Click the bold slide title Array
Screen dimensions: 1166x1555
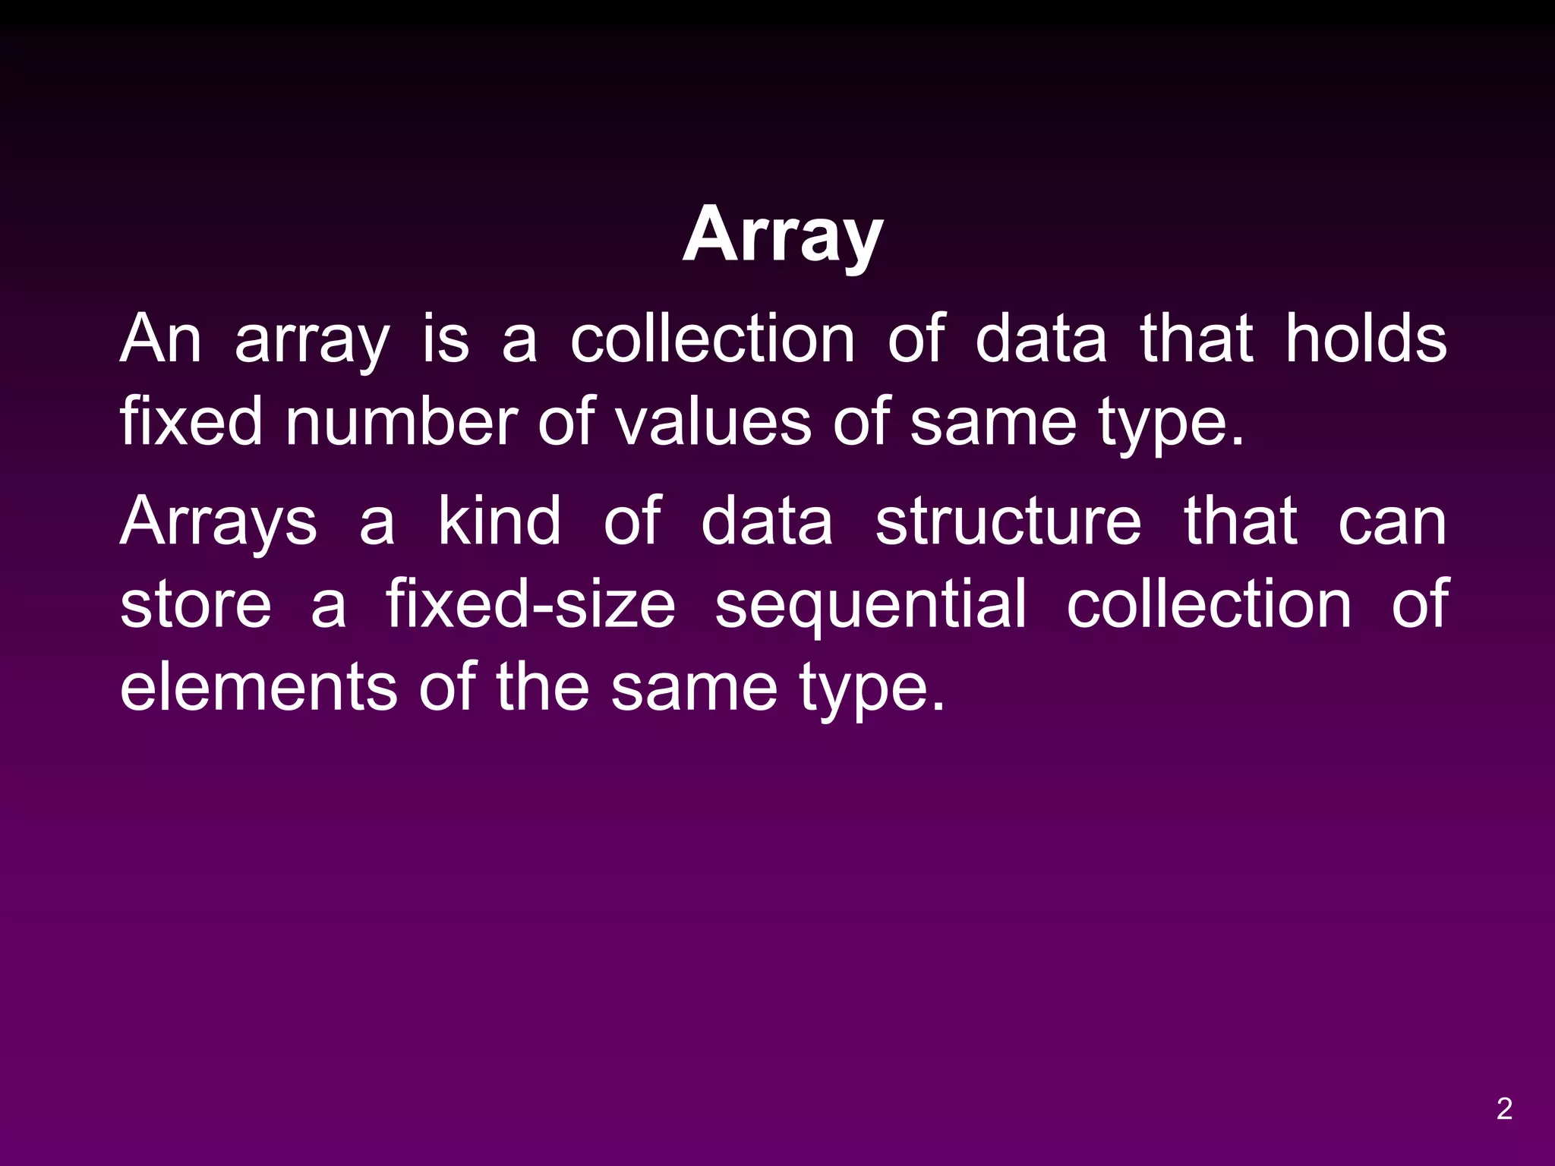pyautogui.click(x=783, y=236)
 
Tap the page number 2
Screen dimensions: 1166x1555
pyautogui.click(x=1504, y=1109)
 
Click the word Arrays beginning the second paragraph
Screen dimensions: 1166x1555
pyautogui.click(x=219, y=522)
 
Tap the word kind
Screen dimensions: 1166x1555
pyautogui.click(x=500, y=521)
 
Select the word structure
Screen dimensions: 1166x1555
pyautogui.click(x=1008, y=521)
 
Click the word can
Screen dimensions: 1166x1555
pyautogui.click(x=1392, y=522)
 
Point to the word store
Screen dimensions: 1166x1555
pyautogui.click(x=196, y=604)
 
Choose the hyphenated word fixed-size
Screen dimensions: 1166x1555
pyautogui.click(x=530, y=604)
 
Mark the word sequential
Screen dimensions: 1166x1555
pyautogui.click(x=871, y=606)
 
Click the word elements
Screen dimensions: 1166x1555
pyautogui.click(x=258, y=687)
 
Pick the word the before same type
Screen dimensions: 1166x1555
pyautogui.click(x=543, y=687)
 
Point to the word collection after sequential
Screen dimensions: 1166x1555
pyautogui.click(x=1209, y=604)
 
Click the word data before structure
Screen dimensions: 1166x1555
pyautogui.click(x=767, y=521)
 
